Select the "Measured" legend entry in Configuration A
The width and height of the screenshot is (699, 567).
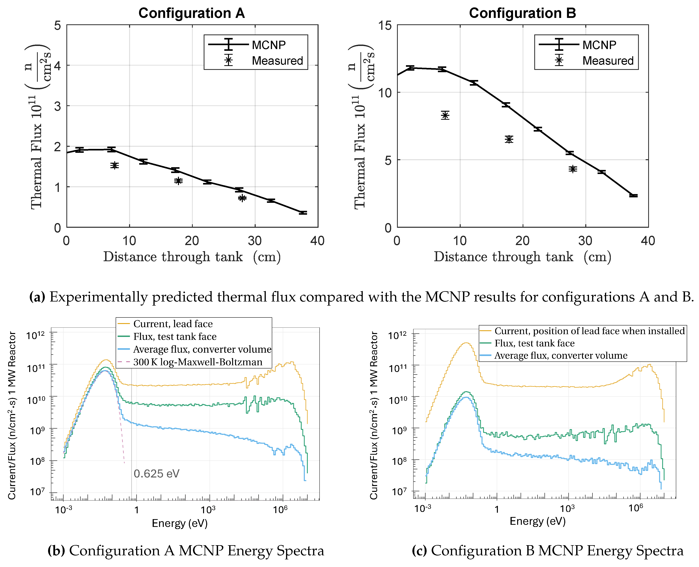coord(277,61)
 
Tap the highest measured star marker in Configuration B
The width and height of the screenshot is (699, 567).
coord(445,115)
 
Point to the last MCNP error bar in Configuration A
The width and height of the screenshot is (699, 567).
coord(303,213)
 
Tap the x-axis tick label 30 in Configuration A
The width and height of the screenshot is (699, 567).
coord(255,241)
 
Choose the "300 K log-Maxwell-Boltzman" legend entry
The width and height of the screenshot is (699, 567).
coord(198,362)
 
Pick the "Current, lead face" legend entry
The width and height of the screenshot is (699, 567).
coord(173,324)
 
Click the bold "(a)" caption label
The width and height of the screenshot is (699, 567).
coord(37,297)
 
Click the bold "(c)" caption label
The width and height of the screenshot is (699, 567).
coord(419,551)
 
